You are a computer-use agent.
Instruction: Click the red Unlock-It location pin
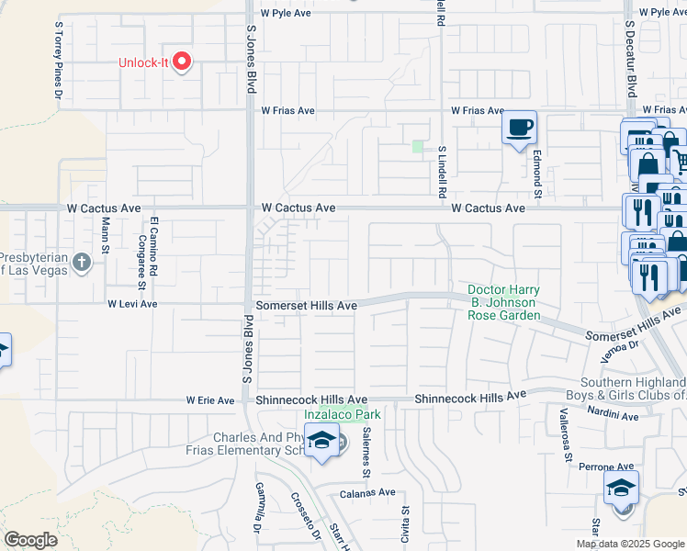[x=182, y=62]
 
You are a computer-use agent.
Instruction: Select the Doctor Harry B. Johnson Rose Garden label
[x=503, y=302]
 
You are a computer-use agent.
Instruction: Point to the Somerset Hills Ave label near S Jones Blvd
[x=306, y=305]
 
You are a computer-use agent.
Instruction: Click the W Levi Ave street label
[x=132, y=303]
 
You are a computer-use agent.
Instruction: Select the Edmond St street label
[x=538, y=173]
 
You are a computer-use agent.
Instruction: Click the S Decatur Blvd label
[x=631, y=56]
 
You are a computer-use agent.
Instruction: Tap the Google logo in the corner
[x=30, y=540]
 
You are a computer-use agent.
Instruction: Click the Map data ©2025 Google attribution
[x=631, y=544]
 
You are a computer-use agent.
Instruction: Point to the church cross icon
[x=82, y=264]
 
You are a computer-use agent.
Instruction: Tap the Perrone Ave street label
[x=607, y=467]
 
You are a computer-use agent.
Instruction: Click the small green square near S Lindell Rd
[x=418, y=146]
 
